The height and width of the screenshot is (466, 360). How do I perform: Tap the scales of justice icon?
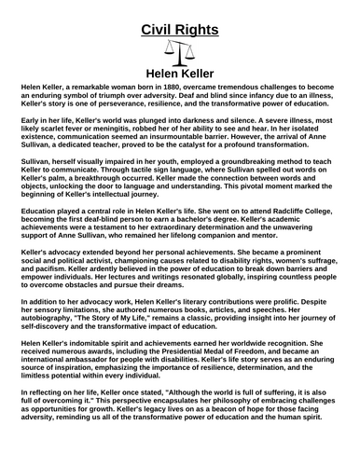(179, 52)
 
